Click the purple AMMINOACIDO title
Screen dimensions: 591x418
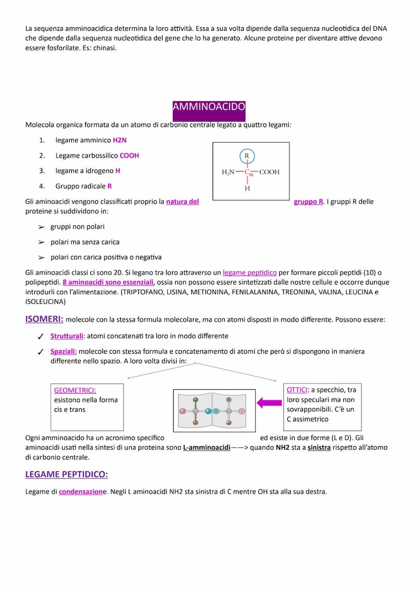point(208,107)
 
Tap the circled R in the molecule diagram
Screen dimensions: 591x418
point(247,155)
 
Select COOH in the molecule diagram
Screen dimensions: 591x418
point(270,172)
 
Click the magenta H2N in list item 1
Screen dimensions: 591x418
point(120,140)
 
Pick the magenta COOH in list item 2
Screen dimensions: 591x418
point(129,155)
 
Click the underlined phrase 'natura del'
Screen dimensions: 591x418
point(182,202)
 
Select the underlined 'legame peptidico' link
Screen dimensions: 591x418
point(249,273)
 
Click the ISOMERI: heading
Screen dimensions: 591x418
point(44,319)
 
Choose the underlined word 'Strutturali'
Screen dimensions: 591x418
point(67,336)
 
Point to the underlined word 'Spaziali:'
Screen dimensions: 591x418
point(64,351)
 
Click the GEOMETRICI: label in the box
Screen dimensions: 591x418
point(75,390)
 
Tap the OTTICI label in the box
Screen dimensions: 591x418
point(297,390)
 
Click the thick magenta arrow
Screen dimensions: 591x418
point(269,403)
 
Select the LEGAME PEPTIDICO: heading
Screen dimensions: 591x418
point(67,474)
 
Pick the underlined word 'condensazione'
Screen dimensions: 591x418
point(81,492)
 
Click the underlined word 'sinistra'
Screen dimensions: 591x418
point(319,448)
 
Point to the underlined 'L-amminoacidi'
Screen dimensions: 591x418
point(206,448)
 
